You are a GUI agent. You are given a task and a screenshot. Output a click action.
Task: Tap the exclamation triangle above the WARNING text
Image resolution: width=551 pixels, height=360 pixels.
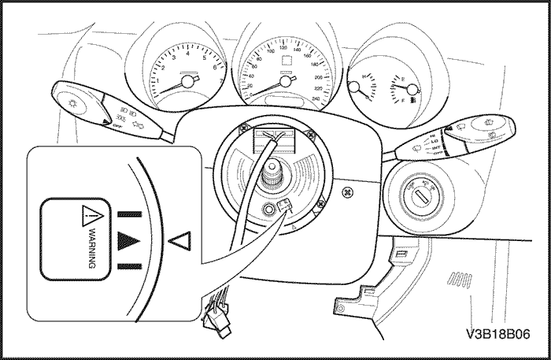[91, 211]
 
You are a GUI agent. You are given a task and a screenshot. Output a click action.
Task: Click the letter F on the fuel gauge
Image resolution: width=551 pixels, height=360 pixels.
[402, 101]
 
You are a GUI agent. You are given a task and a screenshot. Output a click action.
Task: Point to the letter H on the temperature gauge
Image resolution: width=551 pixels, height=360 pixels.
[363, 76]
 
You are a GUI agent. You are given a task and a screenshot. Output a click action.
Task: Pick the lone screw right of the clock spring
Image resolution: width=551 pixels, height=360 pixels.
[347, 190]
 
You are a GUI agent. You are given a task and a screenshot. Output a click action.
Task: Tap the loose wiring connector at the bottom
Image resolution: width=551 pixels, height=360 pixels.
[214, 312]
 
